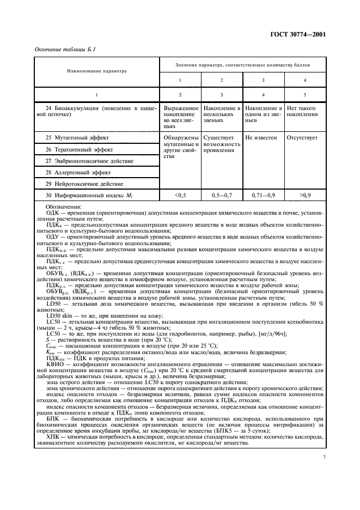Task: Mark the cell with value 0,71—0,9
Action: point(264,195)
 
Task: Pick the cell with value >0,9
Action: point(305,195)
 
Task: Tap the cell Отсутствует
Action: point(302,138)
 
